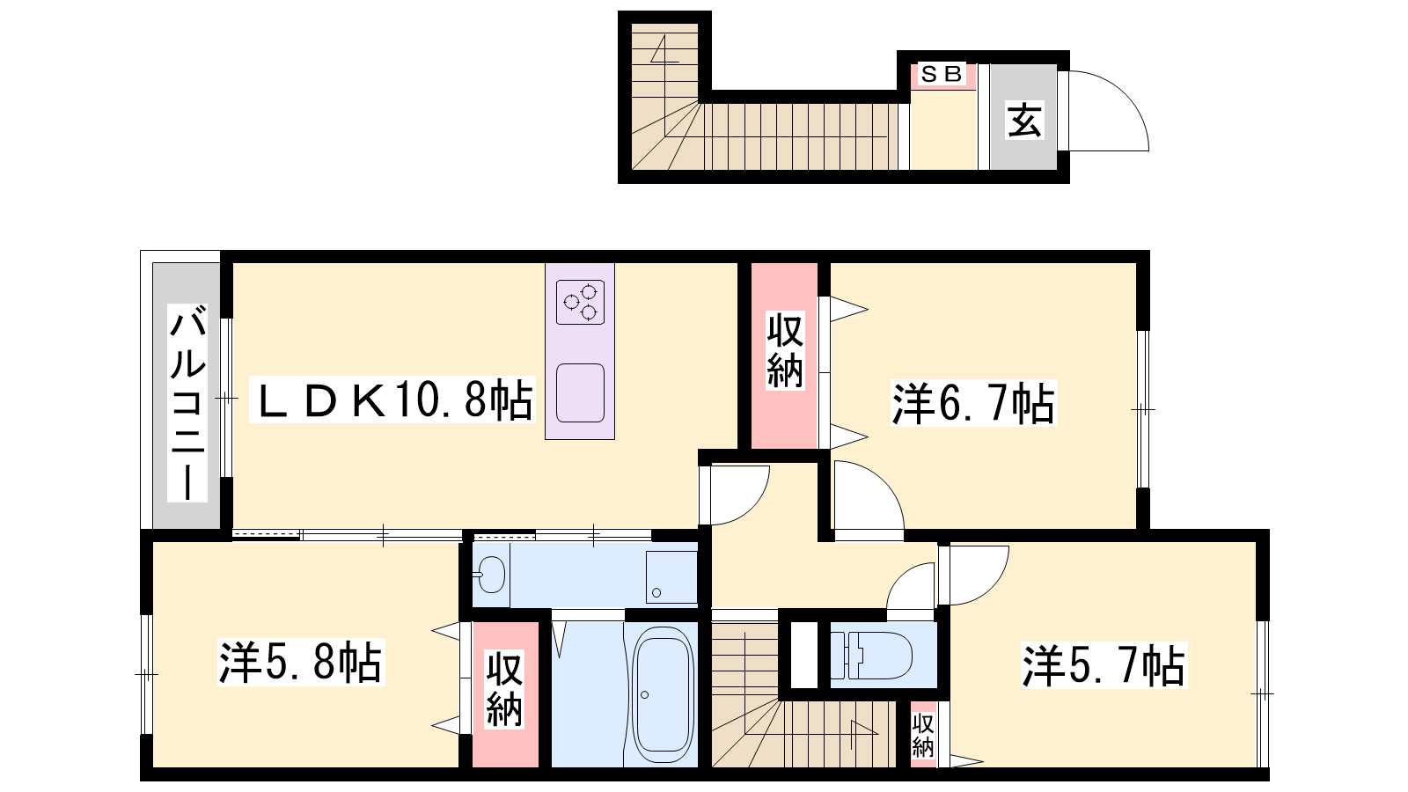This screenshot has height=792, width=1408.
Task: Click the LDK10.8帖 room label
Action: coord(392,400)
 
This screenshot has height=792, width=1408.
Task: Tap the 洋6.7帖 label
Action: coord(973,404)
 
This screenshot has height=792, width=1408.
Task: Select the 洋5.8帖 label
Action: coord(300,662)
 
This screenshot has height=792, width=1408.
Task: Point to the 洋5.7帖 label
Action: coord(1104,665)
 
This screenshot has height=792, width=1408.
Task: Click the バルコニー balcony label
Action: coord(187,402)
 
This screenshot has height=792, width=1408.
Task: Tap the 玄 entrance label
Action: coord(1024,120)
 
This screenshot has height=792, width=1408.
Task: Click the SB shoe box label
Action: coord(942,74)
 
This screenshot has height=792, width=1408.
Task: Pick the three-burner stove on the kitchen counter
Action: coord(580,303)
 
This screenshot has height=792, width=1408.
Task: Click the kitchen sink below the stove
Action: coord(580,392)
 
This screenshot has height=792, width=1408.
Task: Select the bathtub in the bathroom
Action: coord(663,694)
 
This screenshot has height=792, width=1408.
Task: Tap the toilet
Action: coord(871,655)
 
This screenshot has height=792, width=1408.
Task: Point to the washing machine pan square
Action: coord(671,577)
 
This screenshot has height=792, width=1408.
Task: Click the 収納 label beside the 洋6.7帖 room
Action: coord(785,352)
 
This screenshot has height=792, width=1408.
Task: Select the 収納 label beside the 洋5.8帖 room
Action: coord(505,690)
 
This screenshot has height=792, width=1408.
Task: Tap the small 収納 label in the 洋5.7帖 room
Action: coord(923,736)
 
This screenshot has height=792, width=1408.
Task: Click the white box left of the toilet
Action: coord(803,655)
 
